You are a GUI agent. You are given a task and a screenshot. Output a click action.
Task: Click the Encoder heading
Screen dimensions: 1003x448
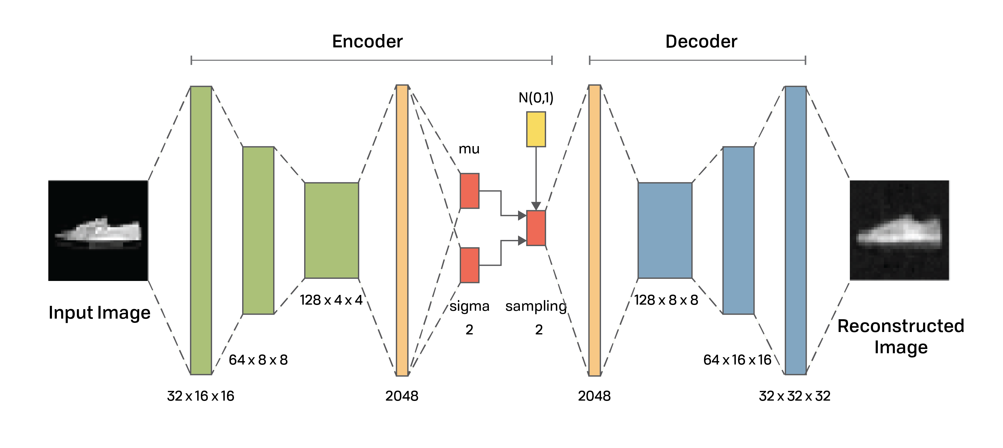(367, 41)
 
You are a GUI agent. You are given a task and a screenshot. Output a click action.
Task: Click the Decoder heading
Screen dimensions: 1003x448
(701, 41)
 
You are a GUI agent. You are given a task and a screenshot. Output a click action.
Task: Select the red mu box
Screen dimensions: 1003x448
(469, 191)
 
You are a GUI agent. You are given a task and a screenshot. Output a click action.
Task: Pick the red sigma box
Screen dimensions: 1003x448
(469, 265)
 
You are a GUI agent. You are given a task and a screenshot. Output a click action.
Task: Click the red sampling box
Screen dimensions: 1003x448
(536, 228)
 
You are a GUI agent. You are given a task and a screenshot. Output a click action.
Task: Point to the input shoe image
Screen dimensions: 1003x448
(98, 231)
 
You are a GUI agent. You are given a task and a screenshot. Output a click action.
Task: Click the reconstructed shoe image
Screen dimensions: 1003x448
(899, 231)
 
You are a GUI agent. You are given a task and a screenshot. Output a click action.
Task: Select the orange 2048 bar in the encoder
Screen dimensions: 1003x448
(402, 231)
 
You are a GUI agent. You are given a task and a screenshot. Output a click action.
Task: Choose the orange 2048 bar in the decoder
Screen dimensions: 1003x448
(595, 231)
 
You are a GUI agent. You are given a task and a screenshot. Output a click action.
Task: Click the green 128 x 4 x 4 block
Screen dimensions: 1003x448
(332, 231)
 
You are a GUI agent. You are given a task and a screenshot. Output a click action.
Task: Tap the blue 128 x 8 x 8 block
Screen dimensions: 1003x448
(665, 231)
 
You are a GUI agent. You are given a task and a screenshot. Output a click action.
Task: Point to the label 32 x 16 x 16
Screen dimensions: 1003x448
(201, 396)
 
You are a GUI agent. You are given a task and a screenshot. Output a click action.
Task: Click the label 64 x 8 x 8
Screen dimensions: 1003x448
(258, 360)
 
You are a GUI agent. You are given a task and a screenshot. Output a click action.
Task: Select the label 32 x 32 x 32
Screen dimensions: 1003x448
(795, 396)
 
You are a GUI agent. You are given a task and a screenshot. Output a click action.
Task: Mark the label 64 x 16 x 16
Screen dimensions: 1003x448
(737, 360)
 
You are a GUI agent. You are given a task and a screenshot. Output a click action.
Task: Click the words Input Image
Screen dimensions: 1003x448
(100, 313)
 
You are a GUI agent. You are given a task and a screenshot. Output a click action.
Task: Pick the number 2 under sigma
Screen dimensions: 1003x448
(469, 330)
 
